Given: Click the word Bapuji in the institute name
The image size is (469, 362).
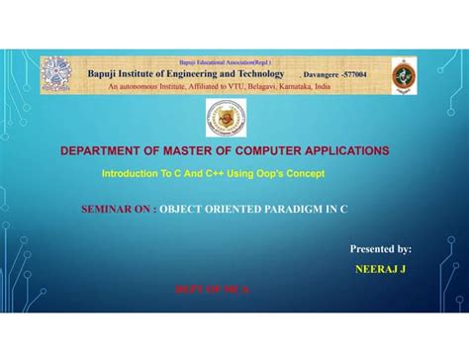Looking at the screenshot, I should (x=106, y=74).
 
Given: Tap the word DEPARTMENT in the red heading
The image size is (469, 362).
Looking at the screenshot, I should (x=103, y=151).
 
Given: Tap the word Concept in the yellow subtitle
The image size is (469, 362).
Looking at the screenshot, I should (x=301, y=174).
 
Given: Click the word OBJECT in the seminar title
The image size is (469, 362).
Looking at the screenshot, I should (x=182, y=210).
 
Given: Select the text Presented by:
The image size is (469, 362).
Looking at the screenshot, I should (x=381, y=250).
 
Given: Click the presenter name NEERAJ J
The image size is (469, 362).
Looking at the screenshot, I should (x=381, y=268).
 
